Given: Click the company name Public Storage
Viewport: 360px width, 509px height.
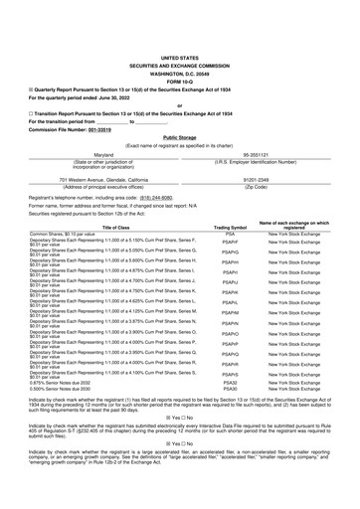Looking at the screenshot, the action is pyautogui.click(x=179, y=137).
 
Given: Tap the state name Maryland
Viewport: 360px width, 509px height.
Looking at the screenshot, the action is pyautogui.click(x=95, y=154).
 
